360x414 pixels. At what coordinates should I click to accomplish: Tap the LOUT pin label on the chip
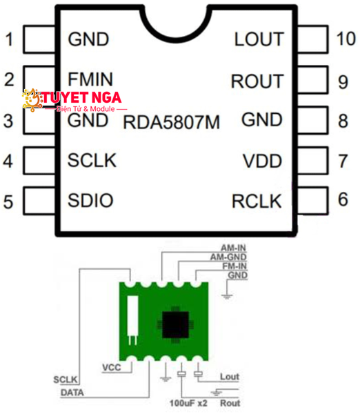(259, 39)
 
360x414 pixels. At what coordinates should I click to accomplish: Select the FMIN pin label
(90, 78)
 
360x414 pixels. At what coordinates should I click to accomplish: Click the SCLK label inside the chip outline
(92, 161)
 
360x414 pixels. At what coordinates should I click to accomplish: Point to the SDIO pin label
(90, 201)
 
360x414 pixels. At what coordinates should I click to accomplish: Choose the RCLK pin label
(257, 201)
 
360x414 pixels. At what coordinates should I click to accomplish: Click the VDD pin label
(263, 161)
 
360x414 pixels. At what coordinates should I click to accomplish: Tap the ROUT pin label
(257, 81)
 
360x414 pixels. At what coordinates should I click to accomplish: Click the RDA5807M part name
(171, 124)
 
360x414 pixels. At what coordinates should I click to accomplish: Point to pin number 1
(9, 39)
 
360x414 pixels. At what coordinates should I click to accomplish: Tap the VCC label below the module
(111, 366)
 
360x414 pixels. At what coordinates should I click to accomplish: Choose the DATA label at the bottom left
(73, 391)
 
